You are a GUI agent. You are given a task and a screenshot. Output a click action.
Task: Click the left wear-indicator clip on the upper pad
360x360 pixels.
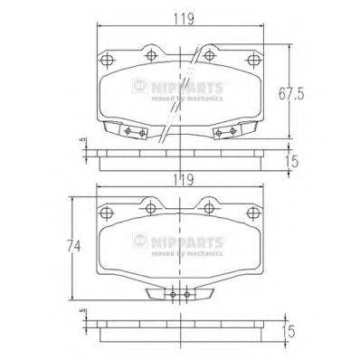pos(133,133)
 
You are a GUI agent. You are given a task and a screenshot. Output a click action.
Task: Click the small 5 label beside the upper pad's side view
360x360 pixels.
pos(83,140)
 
